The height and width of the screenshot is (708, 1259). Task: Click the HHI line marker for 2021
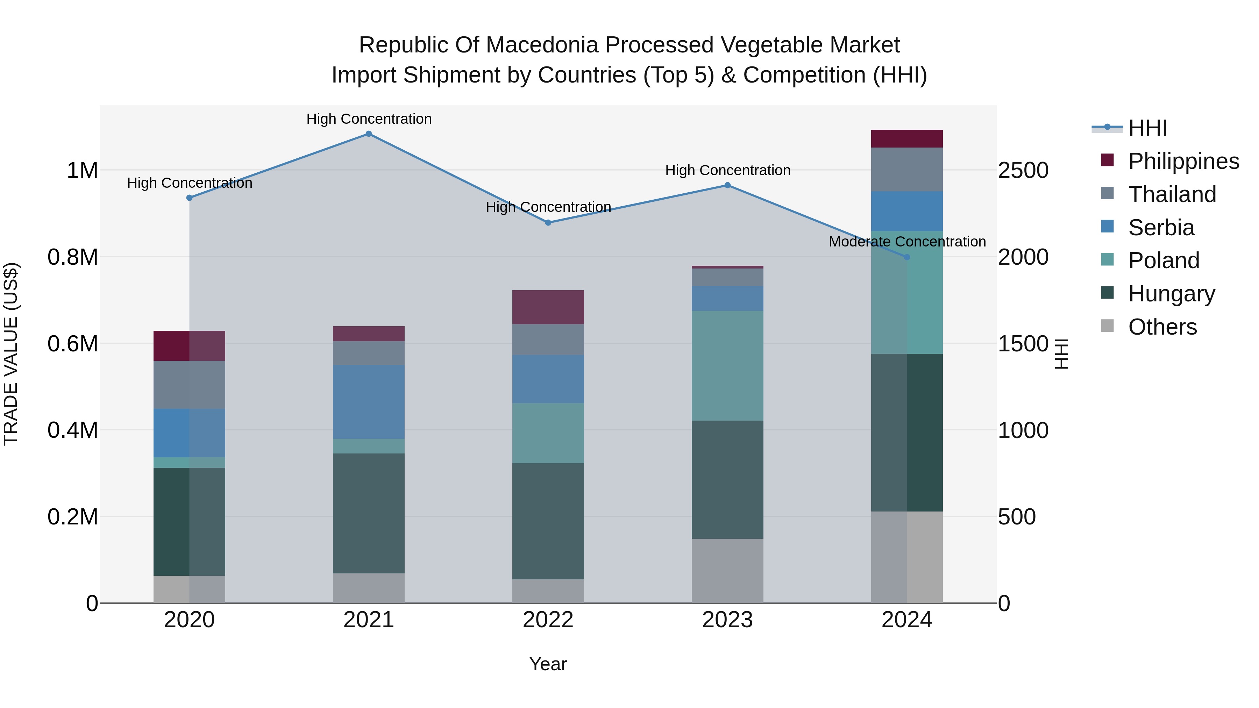(x=369, y=134)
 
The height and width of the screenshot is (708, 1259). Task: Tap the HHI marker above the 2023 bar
(x=727, y=185)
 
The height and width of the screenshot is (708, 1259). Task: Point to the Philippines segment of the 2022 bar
(x=548, y=307)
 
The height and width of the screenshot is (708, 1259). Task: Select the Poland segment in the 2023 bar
(x=727, y=365)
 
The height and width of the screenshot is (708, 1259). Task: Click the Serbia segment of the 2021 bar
(x=369, y=402)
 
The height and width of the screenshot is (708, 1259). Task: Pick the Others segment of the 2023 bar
(x=727, y=570)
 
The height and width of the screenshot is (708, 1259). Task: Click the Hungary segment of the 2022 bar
(x=548, y=521)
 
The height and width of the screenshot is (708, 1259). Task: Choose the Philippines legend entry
(x=1183, y=161)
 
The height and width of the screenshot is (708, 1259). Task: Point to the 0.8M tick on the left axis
(x=72, y=257)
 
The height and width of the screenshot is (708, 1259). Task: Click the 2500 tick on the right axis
(x=1023, y=171)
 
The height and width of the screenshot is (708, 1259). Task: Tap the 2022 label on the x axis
(x=548, y=620)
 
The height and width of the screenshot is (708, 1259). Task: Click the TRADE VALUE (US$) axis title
(x=11, y=354)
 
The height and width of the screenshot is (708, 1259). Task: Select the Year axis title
(x=548, y=664)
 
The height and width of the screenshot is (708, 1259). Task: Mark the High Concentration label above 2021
(x=369, y=119)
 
